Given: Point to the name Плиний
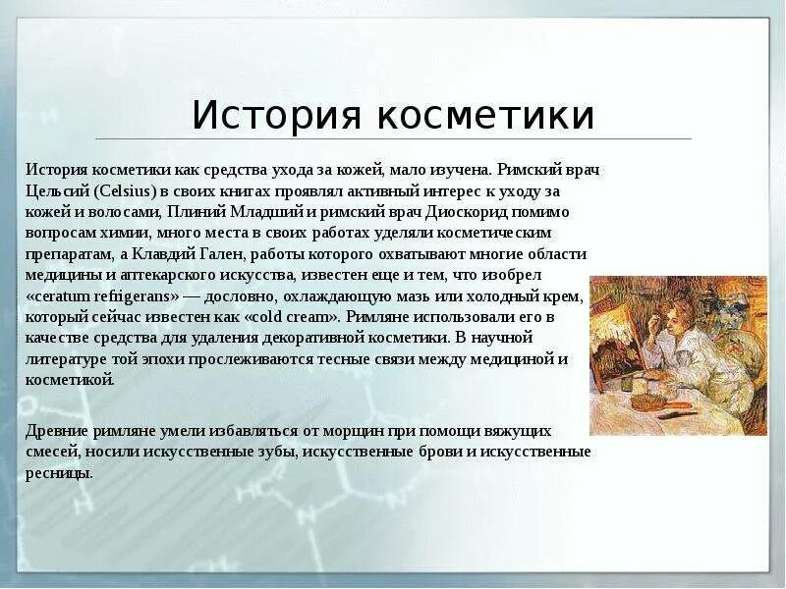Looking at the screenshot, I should click(x=192, y=212).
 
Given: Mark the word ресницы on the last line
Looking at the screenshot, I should click(x=58, y=472).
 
